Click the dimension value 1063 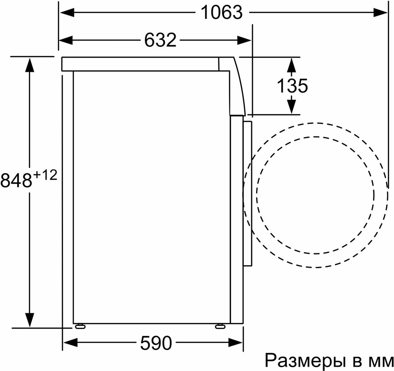(221, 12)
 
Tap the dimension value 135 (292, 86)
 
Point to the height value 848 (16, 180)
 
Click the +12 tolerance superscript (46, 175)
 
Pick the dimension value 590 (155, 343)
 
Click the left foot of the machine (80, 326)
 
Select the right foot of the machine (219, 326)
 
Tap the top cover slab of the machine (140, 64)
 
